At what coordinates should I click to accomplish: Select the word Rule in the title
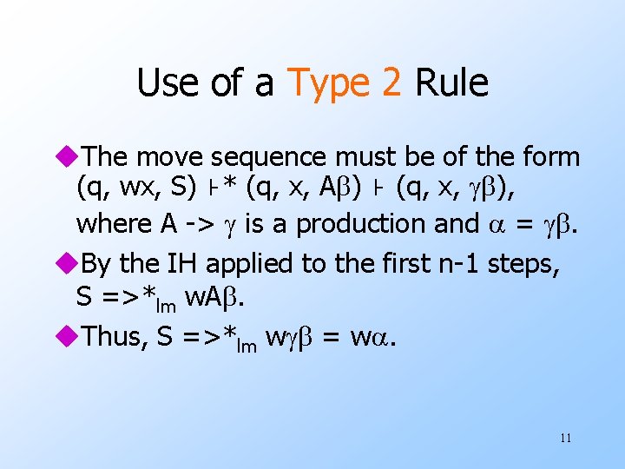451,83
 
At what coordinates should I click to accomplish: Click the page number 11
565,438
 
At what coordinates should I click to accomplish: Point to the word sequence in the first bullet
261,157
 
